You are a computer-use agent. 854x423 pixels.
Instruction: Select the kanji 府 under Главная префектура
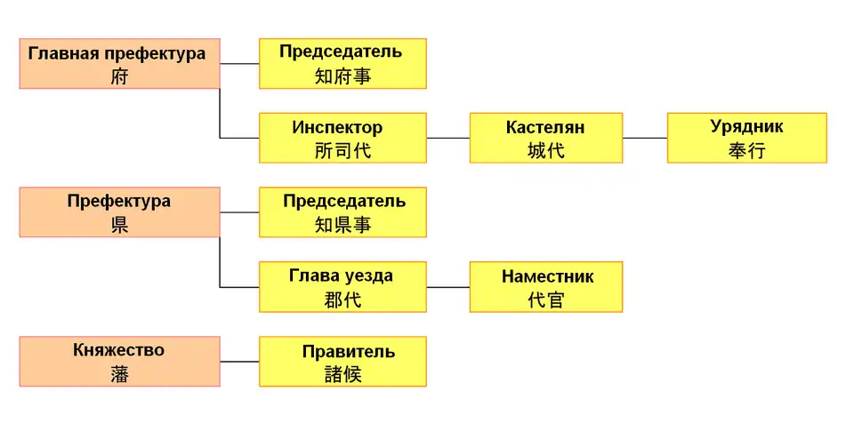[x=119, y=76]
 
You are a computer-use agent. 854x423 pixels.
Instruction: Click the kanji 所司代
[x=342, y=150]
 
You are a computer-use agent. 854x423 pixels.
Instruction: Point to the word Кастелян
[x=545, y=127]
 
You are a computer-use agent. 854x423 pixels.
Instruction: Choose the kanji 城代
[x=545, y=150]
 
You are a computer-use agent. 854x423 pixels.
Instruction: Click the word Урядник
[x=746, y=127]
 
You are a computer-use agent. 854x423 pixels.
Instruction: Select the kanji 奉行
[x=746, y=150]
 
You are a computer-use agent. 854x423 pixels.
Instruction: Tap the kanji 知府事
[x=342, y=76]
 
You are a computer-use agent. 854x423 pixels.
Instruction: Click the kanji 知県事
[x=342, y=225]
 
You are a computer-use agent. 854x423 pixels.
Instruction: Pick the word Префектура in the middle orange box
[x=118, y=201]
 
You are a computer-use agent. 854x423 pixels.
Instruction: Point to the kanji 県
[x=119, y=225]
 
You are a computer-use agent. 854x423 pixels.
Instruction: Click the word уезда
[x=365, y=275]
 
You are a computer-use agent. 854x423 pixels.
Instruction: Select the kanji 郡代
[x=342, y=299]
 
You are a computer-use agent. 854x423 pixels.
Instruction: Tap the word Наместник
[x=546, y=276]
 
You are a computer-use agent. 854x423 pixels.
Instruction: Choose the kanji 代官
[x=545, y=299]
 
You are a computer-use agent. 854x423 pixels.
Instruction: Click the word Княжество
[x=118, y=350]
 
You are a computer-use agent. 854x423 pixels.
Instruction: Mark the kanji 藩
[x=119, y=374]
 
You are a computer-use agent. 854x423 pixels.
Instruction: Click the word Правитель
[x=342, y=351]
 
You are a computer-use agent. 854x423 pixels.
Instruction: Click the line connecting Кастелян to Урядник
[x=645, y=138]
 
